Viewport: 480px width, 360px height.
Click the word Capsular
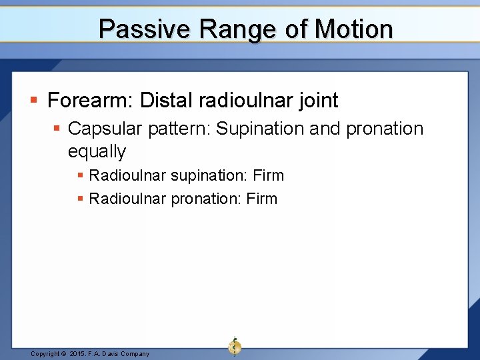pyautogui.click(x=105, y=128)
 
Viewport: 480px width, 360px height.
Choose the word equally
pyautogui.click(x=97, y=151)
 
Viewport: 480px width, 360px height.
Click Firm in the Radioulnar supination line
pyautogui.click(x=268, y=175)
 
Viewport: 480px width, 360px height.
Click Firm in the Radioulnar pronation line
pyautogui.click(x=261, y=199)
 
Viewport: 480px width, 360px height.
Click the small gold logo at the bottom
pyautogui.click(x=234, y=346)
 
